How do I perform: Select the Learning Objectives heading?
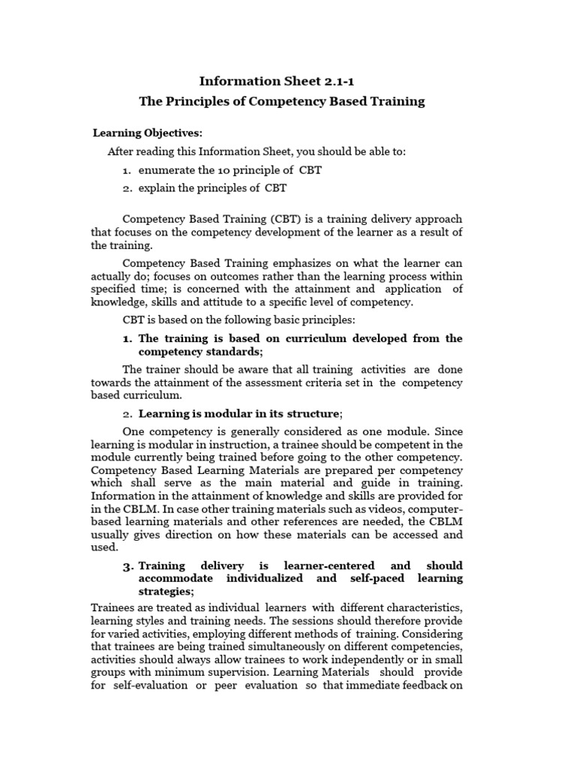coord(148,133)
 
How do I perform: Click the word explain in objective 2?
coord(157,187)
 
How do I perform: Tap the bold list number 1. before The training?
coord(127,338)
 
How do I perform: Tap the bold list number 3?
coord(127,565)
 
